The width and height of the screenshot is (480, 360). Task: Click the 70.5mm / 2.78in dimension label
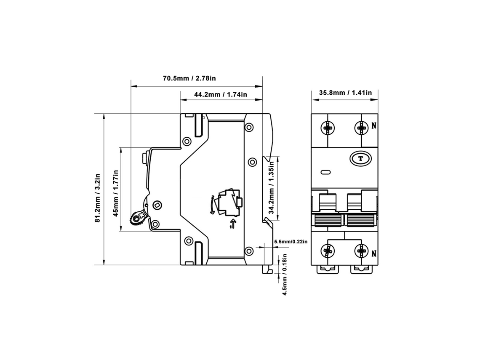(x=189, y=78)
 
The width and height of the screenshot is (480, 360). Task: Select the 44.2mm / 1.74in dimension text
(x=220, y=94)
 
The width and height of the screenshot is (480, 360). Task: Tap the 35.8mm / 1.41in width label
(x=345, y=93)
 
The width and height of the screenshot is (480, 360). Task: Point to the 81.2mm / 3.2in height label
(x=97, y=198)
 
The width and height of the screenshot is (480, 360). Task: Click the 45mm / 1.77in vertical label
(x=116, y=193)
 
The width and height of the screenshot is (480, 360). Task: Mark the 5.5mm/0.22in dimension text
(x=291, y=242)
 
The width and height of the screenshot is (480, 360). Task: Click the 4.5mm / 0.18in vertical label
(x=285, y=275)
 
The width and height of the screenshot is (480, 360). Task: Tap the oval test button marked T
(x=360, y=159)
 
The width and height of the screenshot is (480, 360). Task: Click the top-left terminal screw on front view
(x=328, y=128)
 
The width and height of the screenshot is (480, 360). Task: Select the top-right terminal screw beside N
(x=361, y=128)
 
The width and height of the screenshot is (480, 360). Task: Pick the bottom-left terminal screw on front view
(x=328, y=251)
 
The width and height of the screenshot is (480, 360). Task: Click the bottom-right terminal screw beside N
(x=361, y=251)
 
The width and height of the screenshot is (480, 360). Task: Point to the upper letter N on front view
(x=374, y=125)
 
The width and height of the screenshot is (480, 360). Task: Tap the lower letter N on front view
(x=374, y=253)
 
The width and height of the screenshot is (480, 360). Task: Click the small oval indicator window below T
(x=326, y=172)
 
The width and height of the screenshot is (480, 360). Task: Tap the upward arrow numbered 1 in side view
(x=233, y=224)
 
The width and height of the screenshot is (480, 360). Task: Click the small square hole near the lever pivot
(x=157, y=205)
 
